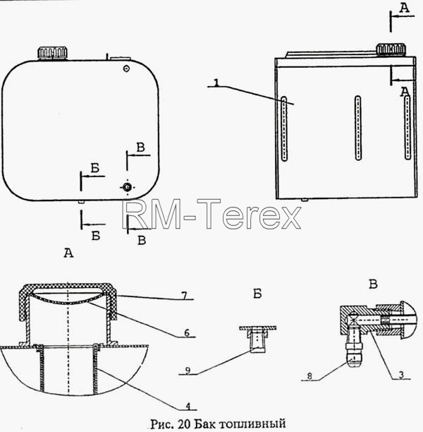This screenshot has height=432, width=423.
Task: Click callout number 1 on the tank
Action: (x=217, y=83)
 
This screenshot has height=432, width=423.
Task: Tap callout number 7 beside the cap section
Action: (x=184, y=296)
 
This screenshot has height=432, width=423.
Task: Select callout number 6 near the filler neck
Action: (x=187, y=332)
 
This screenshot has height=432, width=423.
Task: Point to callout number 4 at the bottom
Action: (x=188, y=407)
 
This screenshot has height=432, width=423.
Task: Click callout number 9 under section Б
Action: (x=188, y=371)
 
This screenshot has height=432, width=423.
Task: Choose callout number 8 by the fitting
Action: (x=309, y=376)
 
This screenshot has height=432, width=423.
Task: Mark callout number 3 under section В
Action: (x=401, y=375)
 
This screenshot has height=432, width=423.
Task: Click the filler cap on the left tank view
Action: (x=53, y=53)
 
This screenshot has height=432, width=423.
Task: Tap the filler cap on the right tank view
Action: (x=391, y=49)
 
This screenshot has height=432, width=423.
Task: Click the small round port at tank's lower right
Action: (x=127, y=187)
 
